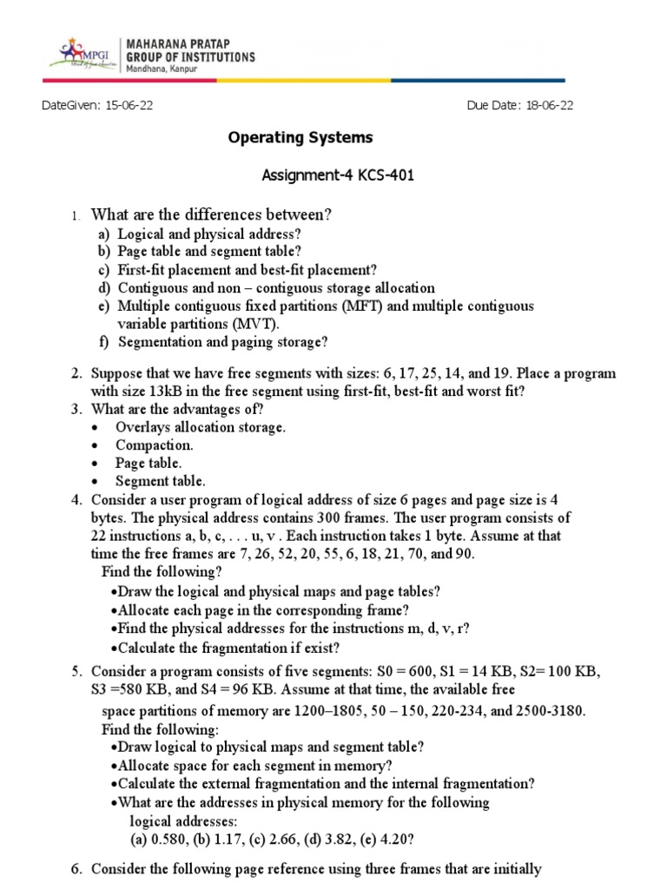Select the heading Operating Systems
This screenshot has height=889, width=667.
[x=300, y=138]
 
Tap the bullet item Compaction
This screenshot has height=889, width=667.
[x=155, y=445]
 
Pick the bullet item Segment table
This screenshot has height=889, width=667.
[x=161, y=481]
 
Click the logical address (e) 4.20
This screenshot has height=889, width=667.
[x=381, y=839]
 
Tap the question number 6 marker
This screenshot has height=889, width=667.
[x=76, y=869]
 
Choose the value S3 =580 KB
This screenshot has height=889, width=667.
[x=139, y=690]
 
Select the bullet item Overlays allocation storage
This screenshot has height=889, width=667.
[x=201, y=427]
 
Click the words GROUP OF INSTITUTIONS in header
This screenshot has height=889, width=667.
[x=191, y=56]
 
